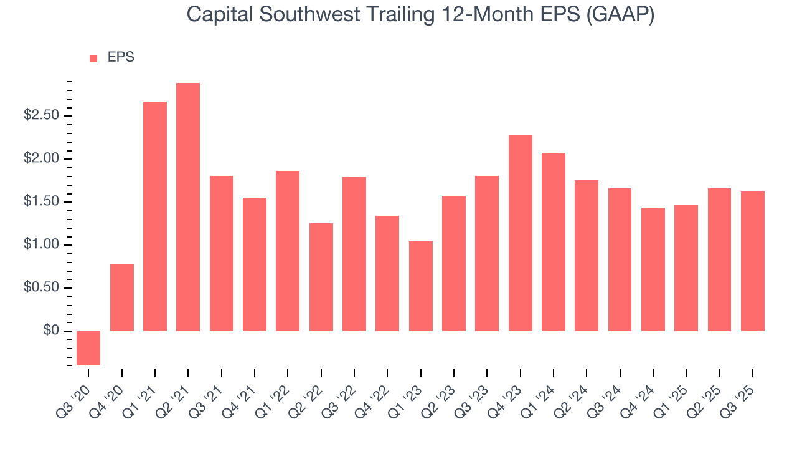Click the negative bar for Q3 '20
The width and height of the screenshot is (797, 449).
(x=88, y=348)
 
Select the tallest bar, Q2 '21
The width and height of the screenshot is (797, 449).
(x=188, y=207)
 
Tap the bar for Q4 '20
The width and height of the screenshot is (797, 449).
(x=122, y=297)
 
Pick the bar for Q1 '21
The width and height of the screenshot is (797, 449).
(x=155, y=216)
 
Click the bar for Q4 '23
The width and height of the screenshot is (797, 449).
(x=521, y=233)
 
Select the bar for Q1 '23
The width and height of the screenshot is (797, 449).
(x=421, y=286)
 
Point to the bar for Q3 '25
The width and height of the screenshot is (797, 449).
(x=753, y=261)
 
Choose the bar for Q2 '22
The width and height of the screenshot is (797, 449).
(x=321, y=277)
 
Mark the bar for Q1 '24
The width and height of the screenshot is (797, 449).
(x=554, y=242)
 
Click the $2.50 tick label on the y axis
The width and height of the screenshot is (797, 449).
(x=41, y=116)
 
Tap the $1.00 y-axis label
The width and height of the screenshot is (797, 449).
(x=41, y=245)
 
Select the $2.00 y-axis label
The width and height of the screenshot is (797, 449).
(x=41, y=159)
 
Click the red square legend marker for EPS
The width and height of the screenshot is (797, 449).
(x=93, y=58)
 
